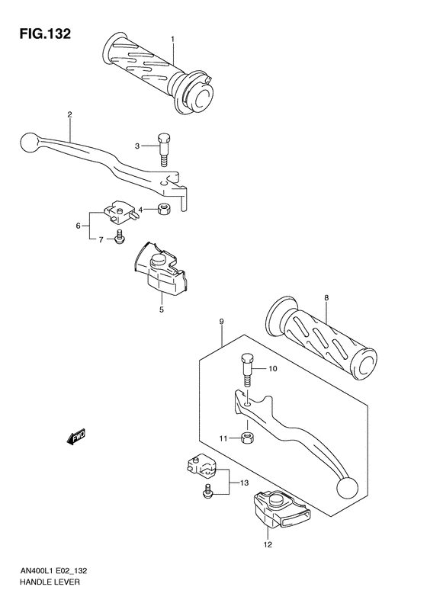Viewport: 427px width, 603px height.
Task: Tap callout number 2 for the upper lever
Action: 69,114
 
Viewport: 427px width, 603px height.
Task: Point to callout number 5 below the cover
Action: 79,226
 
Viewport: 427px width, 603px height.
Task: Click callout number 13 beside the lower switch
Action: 245,483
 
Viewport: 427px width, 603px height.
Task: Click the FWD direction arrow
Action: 77,436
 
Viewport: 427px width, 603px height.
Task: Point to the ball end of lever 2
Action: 28,142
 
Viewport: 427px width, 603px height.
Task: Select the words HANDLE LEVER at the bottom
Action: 47,582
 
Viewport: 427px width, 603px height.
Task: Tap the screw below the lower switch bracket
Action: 207,494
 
